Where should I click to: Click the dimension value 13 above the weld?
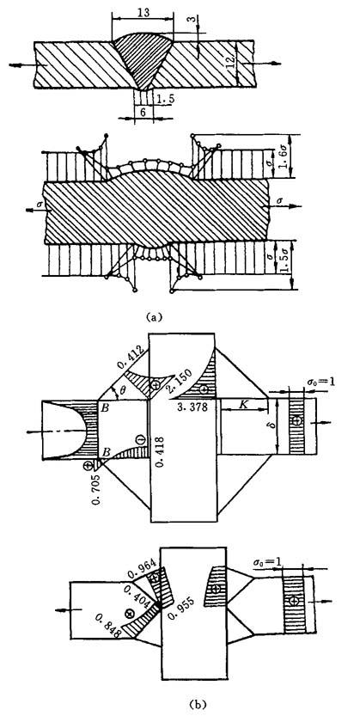click(143, 13)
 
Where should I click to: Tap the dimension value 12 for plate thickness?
click(232, 59)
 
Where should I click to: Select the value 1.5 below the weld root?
click(163, 99)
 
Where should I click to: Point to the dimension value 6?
click(143, 113)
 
